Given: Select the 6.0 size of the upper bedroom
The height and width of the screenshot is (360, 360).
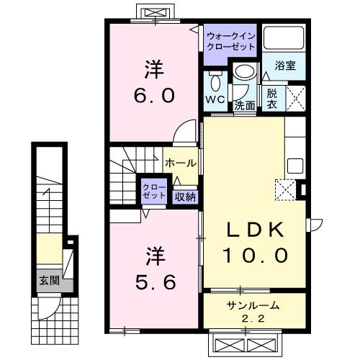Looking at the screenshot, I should coord(152,94).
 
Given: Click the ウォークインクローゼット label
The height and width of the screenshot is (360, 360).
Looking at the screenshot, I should coord(230,40).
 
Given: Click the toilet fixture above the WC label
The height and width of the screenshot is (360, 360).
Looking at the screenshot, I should coord(214,80).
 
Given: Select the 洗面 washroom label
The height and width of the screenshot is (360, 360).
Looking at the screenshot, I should coord(244,105).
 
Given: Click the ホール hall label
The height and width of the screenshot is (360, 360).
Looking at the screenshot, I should coord(179,163).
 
